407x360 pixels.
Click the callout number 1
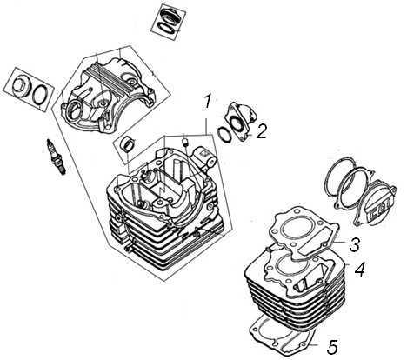click(x=208, y=101)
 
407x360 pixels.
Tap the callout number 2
click(x=261, y=131)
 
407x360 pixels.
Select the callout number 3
click(x=354, y=245)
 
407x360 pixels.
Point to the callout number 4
click(x=359, y=270)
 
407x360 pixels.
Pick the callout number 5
click(x=332, y=347)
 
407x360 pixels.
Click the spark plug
click(x=56, y=157)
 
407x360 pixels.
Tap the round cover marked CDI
click(x=375, y=203)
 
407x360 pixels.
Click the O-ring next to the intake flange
click(x=224, y=135)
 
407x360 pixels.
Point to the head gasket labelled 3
click(x=304, y=233)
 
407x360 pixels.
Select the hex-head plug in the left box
click(x=21, y=86)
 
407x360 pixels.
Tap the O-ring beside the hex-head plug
click(x=40, y=95)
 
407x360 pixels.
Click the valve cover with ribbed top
click(x=107, y=95)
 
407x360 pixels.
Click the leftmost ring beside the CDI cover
click(x=338, y=181)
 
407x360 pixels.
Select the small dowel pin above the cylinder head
click(x=184, y=143)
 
